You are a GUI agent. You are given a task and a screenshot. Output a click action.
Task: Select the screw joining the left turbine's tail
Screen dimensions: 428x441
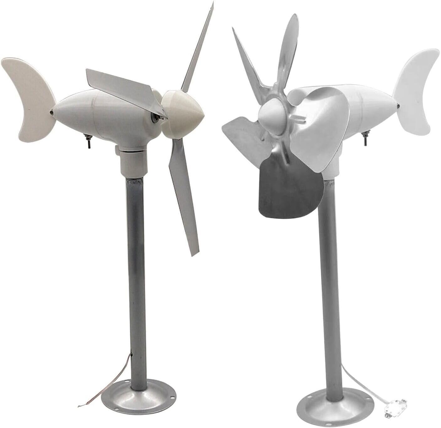(x=51, y=111)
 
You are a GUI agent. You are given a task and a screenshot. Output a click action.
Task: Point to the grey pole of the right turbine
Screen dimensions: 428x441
(x=330, y=283)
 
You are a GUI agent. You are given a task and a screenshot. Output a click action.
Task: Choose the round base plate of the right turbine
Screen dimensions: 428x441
(x=336, y=405)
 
